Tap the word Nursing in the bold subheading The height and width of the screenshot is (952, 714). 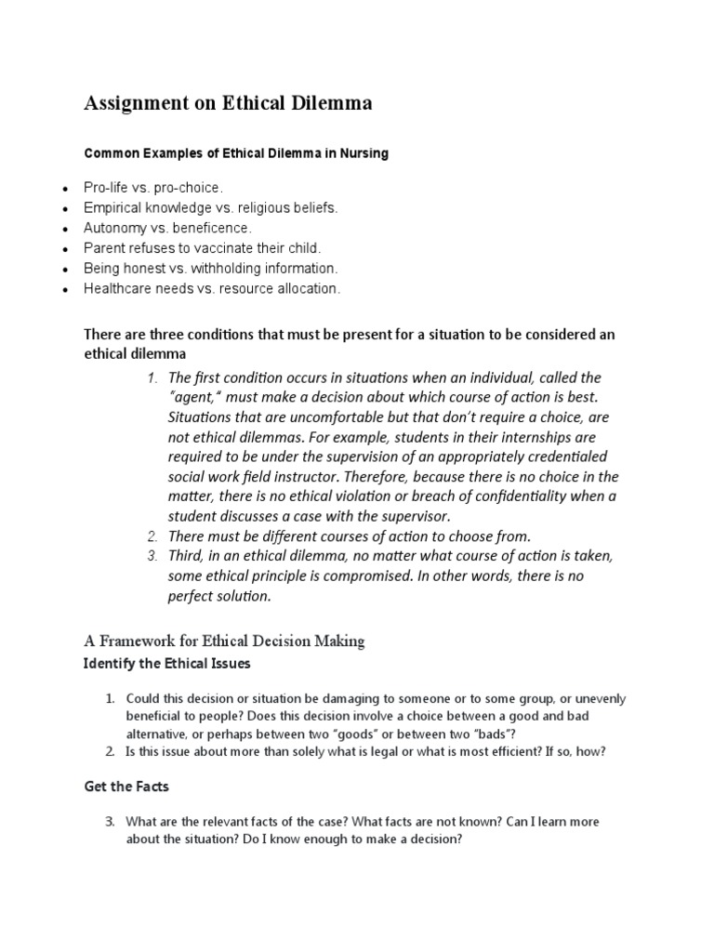click(x=362, y=154)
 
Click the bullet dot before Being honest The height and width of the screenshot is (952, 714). click(x=63, y=270)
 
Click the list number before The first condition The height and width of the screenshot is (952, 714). click(x=152, y=377)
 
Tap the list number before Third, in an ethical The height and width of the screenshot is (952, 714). click(x=152, y=556)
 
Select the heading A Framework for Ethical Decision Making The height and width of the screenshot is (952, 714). click(x=224, y=641)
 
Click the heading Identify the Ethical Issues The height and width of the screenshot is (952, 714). click(x=166, y=664)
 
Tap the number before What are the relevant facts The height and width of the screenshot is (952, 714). click(x=109, y=821)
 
